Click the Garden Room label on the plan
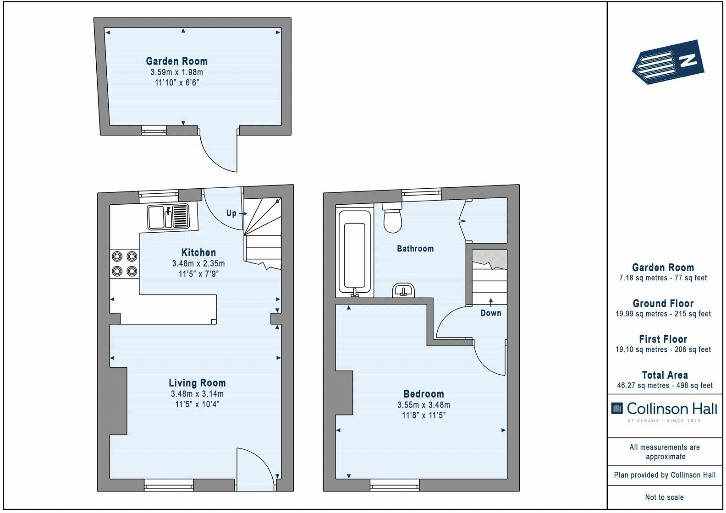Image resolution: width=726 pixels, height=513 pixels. [x=176, y=61]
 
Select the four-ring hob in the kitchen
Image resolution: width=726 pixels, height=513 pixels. [x=125, y=264]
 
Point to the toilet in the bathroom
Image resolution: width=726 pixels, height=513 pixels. [x=392, y=217]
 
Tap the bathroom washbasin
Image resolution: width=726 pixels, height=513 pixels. [x=403, y=290]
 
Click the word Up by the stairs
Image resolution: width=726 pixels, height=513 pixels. [x=231, y=213]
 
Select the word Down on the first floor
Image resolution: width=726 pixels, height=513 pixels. [x=491, y=313]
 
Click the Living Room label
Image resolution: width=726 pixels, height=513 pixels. [x=197, y=383]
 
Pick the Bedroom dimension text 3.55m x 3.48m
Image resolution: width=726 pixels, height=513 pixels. [x=423, y=405]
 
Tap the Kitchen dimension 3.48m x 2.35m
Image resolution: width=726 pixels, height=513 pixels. [x=198, y=263]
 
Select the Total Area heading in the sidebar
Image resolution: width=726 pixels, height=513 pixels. [x=665, y=375]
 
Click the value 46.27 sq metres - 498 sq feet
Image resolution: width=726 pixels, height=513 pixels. [x=665, y=385]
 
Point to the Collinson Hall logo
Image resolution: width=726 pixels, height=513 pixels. [x=664, y=411]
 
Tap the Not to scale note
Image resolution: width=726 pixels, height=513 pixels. [x=665, y=497]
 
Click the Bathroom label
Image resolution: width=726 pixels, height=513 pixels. [x=415, y=248]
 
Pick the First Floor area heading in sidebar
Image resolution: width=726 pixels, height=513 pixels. [x=663, y=339]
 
